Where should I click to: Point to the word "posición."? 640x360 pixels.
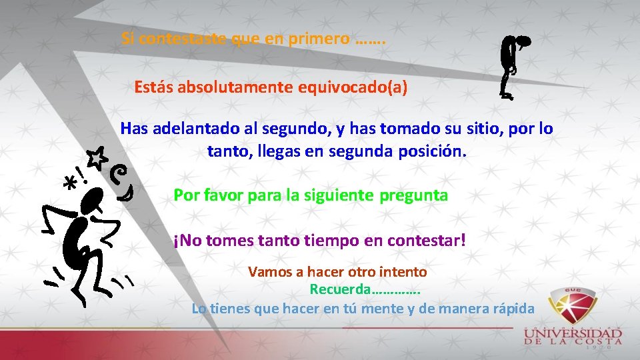click(x=433, y=151)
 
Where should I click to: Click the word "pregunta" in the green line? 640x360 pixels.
click(x=414, y=195)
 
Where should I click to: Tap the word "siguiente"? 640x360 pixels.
click(x=340, y=195)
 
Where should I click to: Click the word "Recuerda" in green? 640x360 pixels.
click(x=339, y=290)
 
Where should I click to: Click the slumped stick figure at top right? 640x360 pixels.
click(x=511, y=67)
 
